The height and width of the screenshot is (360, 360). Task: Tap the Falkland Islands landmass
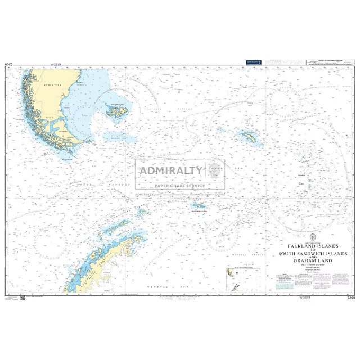118,109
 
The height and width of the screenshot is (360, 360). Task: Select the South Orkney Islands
198,206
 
